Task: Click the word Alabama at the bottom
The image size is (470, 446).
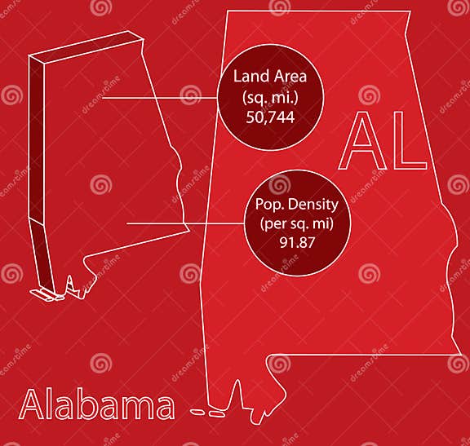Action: [x=96, y=405]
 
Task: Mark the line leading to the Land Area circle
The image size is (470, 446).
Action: [x=155, y=97]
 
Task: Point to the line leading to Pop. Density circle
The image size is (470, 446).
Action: [x=184, y=223]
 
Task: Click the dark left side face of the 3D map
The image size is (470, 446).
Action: [x=38, y=147]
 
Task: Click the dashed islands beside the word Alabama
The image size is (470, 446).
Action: [x=207, y=409]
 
